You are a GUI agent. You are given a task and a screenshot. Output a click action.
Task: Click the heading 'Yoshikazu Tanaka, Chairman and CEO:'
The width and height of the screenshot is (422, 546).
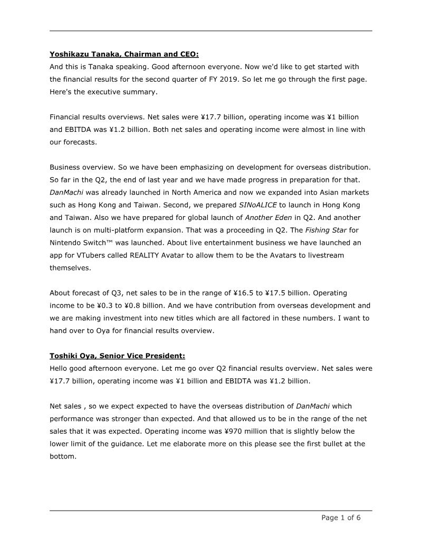click(x=124, y=54)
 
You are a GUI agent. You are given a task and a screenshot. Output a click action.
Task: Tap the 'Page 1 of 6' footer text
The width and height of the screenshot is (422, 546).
click(x=341, y=518)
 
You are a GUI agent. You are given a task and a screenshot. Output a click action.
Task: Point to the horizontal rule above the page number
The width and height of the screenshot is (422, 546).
click(x=211, y=511)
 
